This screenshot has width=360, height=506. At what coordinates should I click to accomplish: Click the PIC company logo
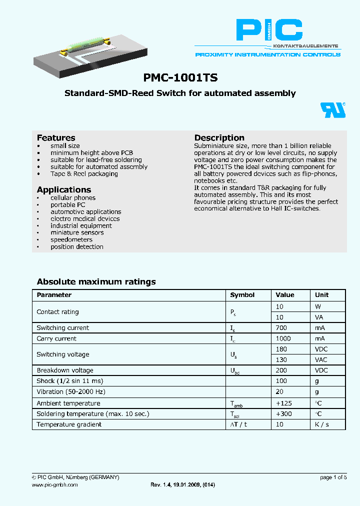pos(269,31)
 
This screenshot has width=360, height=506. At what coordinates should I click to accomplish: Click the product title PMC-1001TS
pos(180,78)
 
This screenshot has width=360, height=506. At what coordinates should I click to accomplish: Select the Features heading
pos(56,138)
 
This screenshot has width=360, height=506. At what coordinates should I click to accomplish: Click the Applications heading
pos(64,190)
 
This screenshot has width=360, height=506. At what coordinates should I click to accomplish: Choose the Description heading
pos(219,138)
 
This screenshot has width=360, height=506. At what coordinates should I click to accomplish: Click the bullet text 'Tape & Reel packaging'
pos(84,174)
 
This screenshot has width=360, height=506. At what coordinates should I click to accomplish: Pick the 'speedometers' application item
pos(71,240)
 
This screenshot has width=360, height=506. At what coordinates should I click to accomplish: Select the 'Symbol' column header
pos(242,295)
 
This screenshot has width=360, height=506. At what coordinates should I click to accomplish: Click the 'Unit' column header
pos(322,295)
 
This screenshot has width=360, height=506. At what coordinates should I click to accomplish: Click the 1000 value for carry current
pos(284,339)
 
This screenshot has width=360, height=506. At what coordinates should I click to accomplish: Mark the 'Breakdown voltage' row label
pos(65,370)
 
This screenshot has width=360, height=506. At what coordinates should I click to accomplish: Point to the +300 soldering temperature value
pos(284,414)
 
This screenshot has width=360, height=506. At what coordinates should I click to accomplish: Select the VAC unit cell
pos(321,360)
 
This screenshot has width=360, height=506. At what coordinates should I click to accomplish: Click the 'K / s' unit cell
pos(322,424)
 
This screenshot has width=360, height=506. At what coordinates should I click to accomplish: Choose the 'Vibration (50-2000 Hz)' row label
pos(71,392)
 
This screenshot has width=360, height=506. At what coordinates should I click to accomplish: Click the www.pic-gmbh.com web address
pos(55,485)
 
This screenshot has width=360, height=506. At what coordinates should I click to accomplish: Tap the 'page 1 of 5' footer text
pos(333,477)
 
